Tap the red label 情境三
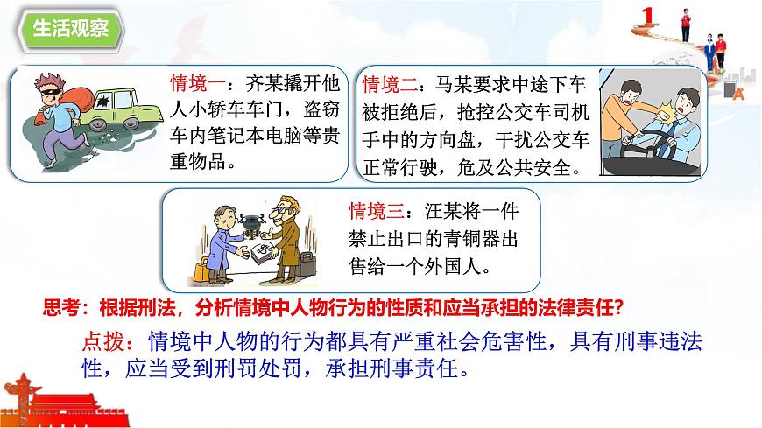373,211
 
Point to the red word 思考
63,305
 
